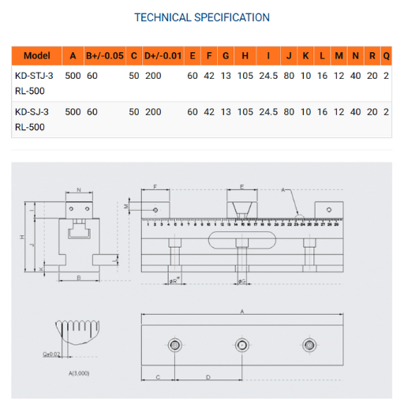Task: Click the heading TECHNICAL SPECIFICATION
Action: pyautogui.click(x=202, y=17)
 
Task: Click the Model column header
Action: pyautogui.click(x=37, y=56)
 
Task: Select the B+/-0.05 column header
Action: pyautogui.click(x=105, y=56)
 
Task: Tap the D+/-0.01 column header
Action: pyautogui.click(x=163, y=56)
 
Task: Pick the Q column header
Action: pyautogui.click(x=386, y=56)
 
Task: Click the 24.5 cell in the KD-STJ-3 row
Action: pyautogui.click(x=269, y=77)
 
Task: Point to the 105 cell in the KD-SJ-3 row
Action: pyautogui.click(x=245, y=112)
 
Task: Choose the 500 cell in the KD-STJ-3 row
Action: pyautogui.click(x=73, y=77)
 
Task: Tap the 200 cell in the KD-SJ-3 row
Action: pyautogui.click(x=153, y=112)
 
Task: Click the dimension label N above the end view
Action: pyautogui.click(x=79, y=190)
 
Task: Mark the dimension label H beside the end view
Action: pyautogui.click(x=23, y=238)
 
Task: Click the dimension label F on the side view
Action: pyautogui.click(x=155, y=188)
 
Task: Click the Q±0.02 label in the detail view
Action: pyautogui.click(x=53, y=354)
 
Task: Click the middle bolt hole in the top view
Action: pyautogui.click(x=242, y=344)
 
